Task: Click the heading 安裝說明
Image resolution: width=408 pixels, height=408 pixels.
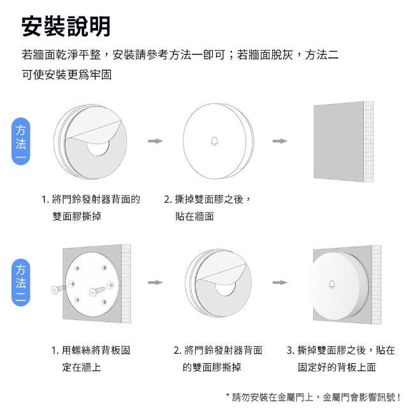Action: click(66, 27)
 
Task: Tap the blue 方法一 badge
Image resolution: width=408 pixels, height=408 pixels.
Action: click(21, 142)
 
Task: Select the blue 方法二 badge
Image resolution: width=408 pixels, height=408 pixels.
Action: click(21, 282)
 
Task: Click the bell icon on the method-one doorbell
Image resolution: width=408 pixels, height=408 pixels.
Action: click(214, 142)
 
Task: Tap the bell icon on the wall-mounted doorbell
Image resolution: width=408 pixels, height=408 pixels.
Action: click(331, 284)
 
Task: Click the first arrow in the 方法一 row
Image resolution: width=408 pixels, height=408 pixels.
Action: click(156, 141)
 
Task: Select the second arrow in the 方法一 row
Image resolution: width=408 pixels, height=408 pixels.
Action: click(280, 141)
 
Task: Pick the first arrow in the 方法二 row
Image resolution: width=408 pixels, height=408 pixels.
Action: click(156, 282)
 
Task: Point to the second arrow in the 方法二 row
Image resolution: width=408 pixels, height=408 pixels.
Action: click(280, 282)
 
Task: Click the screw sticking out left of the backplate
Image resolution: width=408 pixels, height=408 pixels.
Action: click(58, 289)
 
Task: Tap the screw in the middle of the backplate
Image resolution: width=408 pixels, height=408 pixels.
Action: click(97, 291)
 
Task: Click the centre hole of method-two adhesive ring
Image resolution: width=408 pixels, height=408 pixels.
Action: click(225, 289)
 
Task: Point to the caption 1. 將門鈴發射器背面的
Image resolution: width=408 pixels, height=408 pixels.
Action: click(91, 200)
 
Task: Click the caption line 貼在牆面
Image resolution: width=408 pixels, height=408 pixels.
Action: click(194, 217)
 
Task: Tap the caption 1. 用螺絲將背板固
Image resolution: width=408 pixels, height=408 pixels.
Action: click(91, 350)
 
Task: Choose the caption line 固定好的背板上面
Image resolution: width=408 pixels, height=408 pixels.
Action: click(337, 367)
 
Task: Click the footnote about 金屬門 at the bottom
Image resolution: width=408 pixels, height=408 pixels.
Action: click(313, 397)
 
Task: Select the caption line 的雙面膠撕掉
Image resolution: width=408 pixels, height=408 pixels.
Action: click(212, 367)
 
